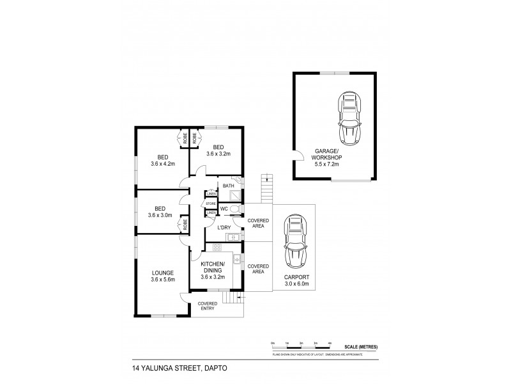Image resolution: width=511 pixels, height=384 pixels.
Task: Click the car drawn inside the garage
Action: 349,118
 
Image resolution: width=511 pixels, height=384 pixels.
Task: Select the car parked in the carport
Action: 295,244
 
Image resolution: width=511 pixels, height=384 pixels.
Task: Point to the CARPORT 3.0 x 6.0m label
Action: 296,280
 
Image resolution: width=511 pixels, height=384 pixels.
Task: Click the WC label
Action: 224,208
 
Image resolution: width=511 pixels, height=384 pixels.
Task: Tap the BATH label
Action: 228,186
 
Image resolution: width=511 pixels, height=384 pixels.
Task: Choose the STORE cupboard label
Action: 211,204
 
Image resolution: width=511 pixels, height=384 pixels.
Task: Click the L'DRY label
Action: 224,228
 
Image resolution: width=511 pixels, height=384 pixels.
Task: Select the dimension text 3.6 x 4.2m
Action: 164,163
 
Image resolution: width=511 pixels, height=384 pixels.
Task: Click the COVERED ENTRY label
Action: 207,306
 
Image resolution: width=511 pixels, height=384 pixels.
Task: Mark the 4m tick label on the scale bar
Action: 330,344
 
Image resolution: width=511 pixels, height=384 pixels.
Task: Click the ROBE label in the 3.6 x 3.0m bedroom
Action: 184,225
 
